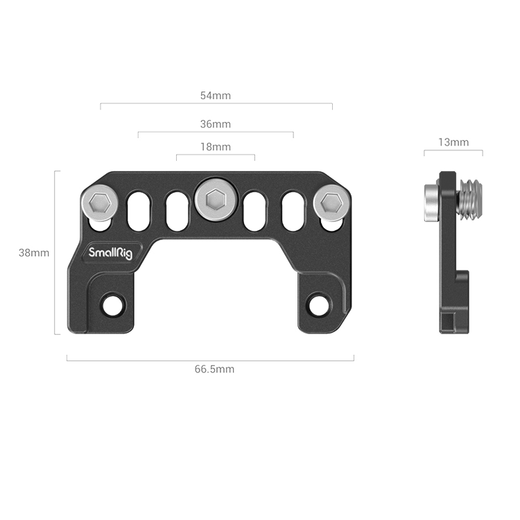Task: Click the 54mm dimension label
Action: coord(216,95)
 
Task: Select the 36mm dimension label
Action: coord(216,124)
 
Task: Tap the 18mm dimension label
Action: coord(216,147)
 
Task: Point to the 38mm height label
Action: coord(34,253)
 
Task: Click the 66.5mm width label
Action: coord(214,370)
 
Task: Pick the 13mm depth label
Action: coord(453,142)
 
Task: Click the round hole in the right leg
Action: coord(318,304)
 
